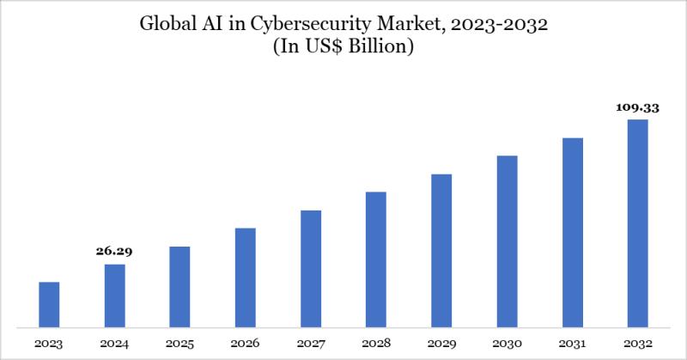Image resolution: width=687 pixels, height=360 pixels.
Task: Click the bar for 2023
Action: coord(49,304)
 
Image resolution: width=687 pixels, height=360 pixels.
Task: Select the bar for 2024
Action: coord(114,296)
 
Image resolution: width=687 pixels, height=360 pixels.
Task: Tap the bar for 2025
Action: coord(179,287)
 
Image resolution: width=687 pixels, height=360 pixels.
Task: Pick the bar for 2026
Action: coord(245,278)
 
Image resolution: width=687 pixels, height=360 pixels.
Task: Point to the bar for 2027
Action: coord(311,268)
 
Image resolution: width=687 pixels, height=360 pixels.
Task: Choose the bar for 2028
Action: coord(376,259)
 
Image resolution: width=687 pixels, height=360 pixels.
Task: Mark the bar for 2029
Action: coord(441,250)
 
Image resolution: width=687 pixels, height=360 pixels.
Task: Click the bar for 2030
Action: coord(507,241)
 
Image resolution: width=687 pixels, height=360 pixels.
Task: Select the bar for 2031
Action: coord(573,232)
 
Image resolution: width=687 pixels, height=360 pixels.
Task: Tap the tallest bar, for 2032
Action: coord(637,223)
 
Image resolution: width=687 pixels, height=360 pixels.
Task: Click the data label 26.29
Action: coord(114,252)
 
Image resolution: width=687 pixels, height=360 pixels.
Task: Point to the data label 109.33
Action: coord(637,108)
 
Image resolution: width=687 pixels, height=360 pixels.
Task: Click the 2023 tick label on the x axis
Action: coord(49,344)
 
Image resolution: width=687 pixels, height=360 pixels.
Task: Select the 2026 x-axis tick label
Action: coord(245,344)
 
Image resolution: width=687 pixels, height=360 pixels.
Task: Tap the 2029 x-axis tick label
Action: coord(441,344)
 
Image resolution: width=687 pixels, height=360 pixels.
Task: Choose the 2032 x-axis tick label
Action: coord(637,344)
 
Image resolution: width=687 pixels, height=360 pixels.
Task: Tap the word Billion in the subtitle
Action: coord(383,47)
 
